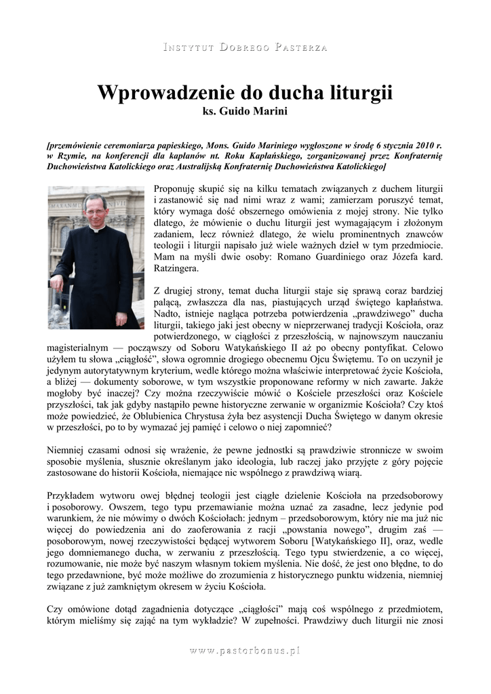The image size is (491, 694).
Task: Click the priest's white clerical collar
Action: [x=96, y=229]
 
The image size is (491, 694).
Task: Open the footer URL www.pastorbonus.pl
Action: [x=245, y=651]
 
